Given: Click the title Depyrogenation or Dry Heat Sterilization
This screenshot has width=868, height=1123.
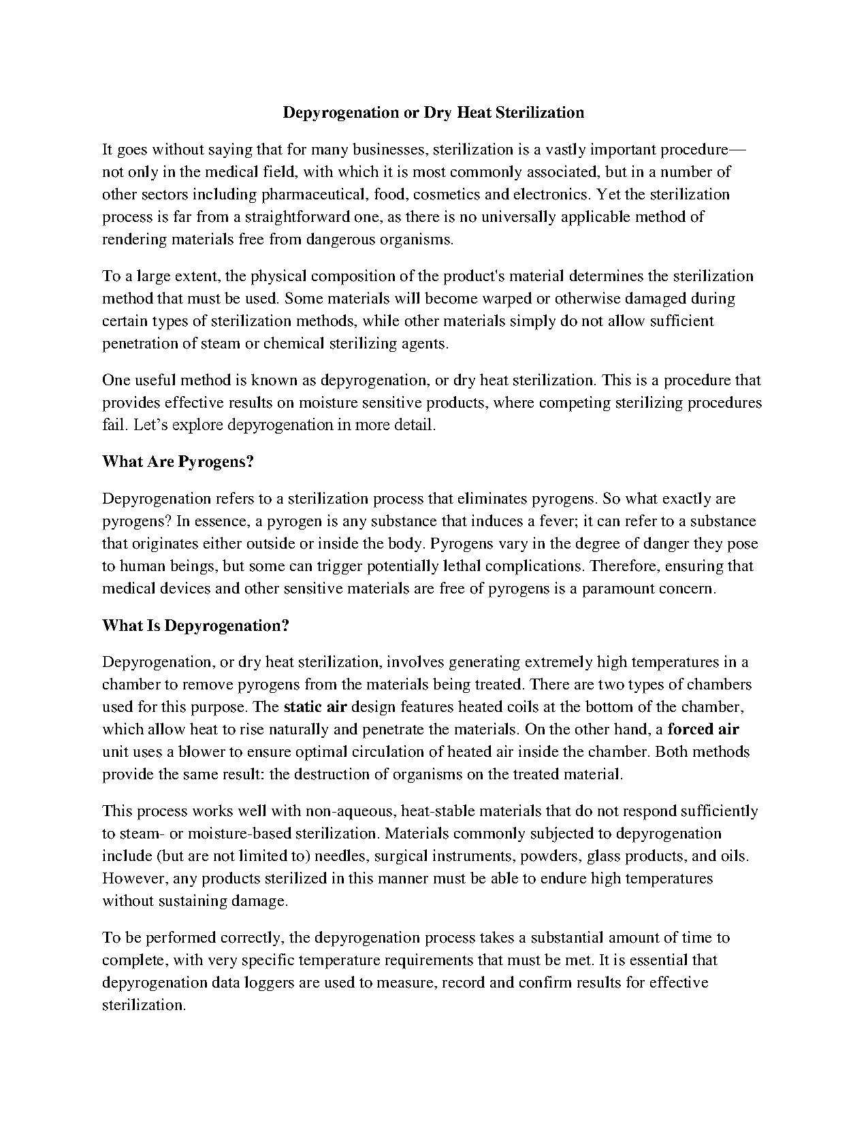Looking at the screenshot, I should click(x=433, y=112).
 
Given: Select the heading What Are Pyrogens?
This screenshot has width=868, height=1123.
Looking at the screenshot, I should click(x=178, y=461).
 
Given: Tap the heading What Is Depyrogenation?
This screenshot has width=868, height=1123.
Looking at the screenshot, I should click(x=195, y=625).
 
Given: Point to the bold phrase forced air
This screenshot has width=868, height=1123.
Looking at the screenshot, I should click(x=703, y=729).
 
